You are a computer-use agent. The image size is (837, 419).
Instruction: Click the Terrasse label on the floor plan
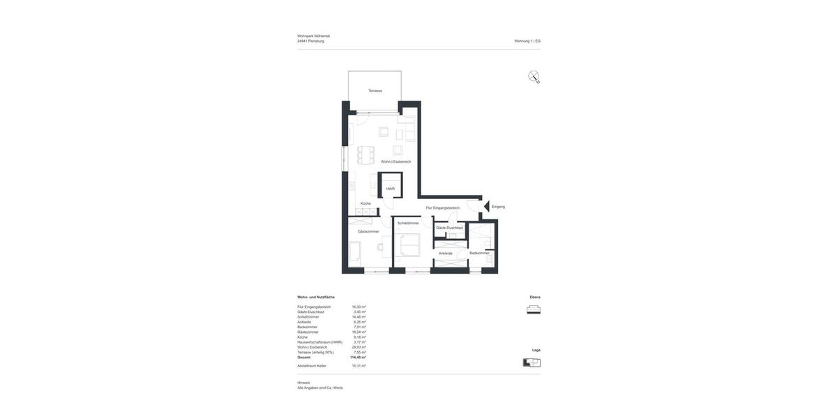(x=375, y=91)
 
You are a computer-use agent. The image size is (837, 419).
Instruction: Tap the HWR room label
(x=391, y=189)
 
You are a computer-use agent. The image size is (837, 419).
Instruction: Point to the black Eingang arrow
(x=487, y=207)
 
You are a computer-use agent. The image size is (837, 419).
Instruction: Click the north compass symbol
(x=534, y=77)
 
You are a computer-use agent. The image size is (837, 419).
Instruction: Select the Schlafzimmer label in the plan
(x=408, y=223)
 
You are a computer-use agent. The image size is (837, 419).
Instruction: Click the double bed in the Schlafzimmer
(x=409, y=245)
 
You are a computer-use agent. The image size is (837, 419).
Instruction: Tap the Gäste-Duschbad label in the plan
(x=449, y=228)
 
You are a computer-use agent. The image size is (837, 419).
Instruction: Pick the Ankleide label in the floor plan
(x=446, y=253)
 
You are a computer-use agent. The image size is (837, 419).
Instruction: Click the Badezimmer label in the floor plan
(x=479, y=253)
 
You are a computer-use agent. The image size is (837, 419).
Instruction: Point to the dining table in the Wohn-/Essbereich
(x=366, y=154)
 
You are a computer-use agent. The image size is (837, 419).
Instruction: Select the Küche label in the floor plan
(x=365, y=203)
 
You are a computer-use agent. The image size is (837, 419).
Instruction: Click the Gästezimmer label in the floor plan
(x=368, y=231)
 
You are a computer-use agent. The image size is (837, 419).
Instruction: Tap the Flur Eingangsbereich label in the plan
(x=443, y=207)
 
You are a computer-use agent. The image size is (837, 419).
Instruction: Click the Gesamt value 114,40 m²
(x=358, y=358)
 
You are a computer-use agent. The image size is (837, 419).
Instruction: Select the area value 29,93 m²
(x=359, y=347)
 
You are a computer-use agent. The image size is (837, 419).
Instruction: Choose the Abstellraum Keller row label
(x=312, y=366)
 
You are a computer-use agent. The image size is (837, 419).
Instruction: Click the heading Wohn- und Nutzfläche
(x=316, y=297)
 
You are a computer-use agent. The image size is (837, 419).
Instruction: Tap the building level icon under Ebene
(x=534, y=309)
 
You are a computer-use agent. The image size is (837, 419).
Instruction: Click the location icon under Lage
(x=532, y=362)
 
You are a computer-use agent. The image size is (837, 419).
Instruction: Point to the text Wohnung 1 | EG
(x=527, y=41)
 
